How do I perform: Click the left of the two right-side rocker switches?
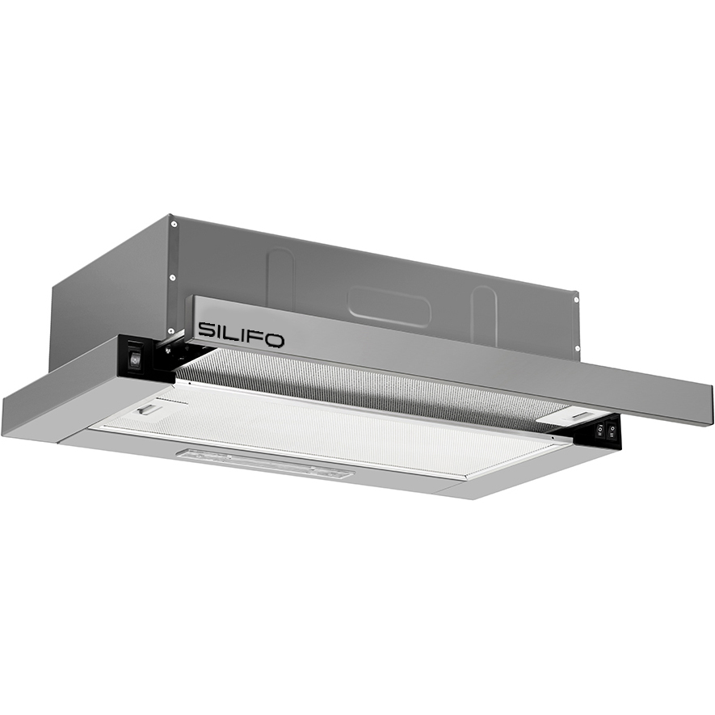point(600,429)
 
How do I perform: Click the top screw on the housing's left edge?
point(174,224)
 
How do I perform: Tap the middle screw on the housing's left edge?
point(172,277)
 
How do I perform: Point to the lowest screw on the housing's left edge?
point(171,331)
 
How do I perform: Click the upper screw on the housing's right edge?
point(576,300)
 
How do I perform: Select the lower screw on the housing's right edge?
point(576,348)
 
